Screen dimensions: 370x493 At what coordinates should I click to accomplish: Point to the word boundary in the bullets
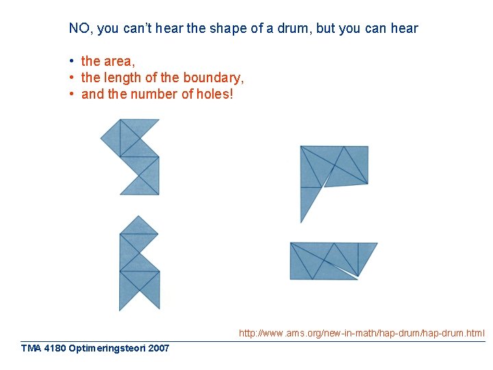coord(212,77)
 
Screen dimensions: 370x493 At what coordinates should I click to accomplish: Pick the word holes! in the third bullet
coord(214,94)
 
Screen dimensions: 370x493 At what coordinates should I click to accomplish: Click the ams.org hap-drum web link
coord(362,334)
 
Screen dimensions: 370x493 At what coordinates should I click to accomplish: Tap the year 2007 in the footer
coord(158,348)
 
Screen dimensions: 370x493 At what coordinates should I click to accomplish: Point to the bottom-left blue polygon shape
coord(139,264)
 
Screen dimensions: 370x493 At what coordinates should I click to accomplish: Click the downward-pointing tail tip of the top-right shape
coord(302,221)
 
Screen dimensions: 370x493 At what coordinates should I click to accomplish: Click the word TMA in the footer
coord(30,348)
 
